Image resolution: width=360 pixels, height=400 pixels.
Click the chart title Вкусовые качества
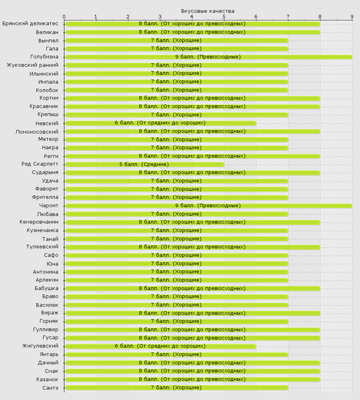[208, 11]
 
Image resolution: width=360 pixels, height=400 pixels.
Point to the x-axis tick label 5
[224, 16]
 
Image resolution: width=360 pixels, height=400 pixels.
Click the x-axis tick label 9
[352, 16]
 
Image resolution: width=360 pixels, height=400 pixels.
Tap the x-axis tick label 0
[64, 16]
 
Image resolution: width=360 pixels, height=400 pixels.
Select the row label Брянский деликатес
[30, 24]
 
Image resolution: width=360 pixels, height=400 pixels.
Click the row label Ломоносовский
[37, 131]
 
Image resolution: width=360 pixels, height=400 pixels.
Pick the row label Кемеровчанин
[39, 222]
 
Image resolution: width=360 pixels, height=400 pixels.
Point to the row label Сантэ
[50, 388]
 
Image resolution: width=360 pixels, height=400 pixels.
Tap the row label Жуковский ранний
[32, 65]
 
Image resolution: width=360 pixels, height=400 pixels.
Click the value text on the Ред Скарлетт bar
[144, 164]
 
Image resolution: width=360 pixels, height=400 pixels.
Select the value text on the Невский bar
[160, 123]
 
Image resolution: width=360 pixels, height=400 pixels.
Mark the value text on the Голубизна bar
[208, 57]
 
